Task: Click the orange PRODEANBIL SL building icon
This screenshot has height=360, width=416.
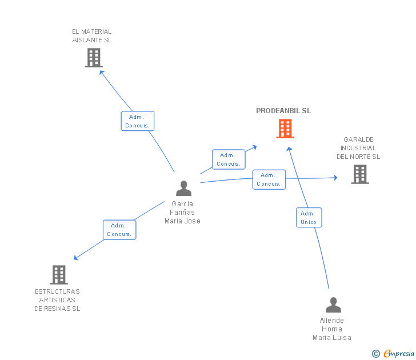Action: pyautogui.click(x=285, y=129)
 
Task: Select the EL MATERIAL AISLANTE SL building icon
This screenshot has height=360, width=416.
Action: pyautogui.click(x=93, y=58)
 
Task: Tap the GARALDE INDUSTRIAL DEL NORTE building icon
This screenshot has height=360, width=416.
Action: pyautogui.click(x=359, y=174)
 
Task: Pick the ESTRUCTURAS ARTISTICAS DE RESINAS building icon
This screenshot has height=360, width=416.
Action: pyautogui.click(x=59, y=275)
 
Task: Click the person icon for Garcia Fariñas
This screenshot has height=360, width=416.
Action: pyautogui.click(x=183, y=188)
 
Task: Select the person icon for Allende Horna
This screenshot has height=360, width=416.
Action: pyautogui.click(x=333, y=305)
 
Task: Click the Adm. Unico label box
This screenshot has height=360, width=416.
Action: pyautogui.click(x=309, y=218)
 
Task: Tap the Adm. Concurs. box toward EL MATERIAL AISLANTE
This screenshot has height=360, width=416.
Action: pyautogui.click(x=137, y=121)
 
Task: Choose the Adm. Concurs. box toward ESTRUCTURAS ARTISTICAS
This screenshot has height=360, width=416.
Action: pyautogui.click(x=119, y=230)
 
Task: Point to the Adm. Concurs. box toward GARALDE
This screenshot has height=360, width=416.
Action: pyautogui.click(x=269, y=179)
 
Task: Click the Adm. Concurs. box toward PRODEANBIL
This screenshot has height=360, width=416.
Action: pyautogui.click(x=228, y=159)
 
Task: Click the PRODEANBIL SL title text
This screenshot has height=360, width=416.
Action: pyautogui.click(x=283, y=111)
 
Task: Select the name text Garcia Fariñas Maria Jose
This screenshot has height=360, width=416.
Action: pyautogui.click(x=182, y=213)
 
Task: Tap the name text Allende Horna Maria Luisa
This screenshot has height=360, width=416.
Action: pyautogui.click(x=331, y=329)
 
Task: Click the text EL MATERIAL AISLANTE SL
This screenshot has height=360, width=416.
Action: pyautogui.click(x=92, y=36)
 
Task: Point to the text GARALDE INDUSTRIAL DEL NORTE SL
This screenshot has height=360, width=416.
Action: pyautogui.click(x=358, y=148)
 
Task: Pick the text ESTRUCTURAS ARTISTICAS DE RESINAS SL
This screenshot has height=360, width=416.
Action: pyautogui.click(x=57, y=300)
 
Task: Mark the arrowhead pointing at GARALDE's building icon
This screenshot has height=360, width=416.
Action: pyautogui.click(x=335, y=178)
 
